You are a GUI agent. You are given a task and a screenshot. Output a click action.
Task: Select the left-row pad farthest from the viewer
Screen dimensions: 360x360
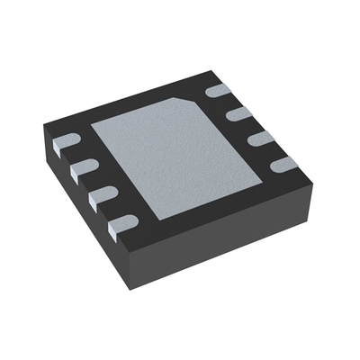(x=67, y=140)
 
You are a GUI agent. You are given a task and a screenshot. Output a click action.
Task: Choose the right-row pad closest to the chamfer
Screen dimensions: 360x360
(x=219, y=90)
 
